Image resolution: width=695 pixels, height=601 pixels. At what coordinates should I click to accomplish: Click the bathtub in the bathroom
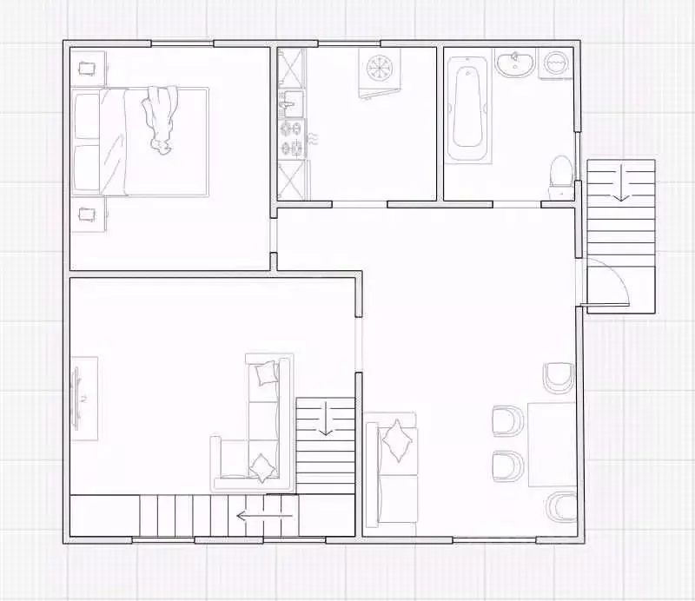[x=467, y=109]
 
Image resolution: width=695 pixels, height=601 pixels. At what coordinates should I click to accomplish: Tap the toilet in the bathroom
[x=561, y=171]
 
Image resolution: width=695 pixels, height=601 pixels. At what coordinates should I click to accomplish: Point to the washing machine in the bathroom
[x=555, y=62]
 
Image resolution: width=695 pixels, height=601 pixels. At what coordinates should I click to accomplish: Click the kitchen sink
[x=291, y=104]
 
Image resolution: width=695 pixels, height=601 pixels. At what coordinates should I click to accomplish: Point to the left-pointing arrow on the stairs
[x=265, y=516]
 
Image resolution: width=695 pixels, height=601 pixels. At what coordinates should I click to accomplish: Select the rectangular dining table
[x=553, y=444]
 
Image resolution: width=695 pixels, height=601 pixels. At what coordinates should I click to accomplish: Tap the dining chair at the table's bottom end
[x=562, y=507]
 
